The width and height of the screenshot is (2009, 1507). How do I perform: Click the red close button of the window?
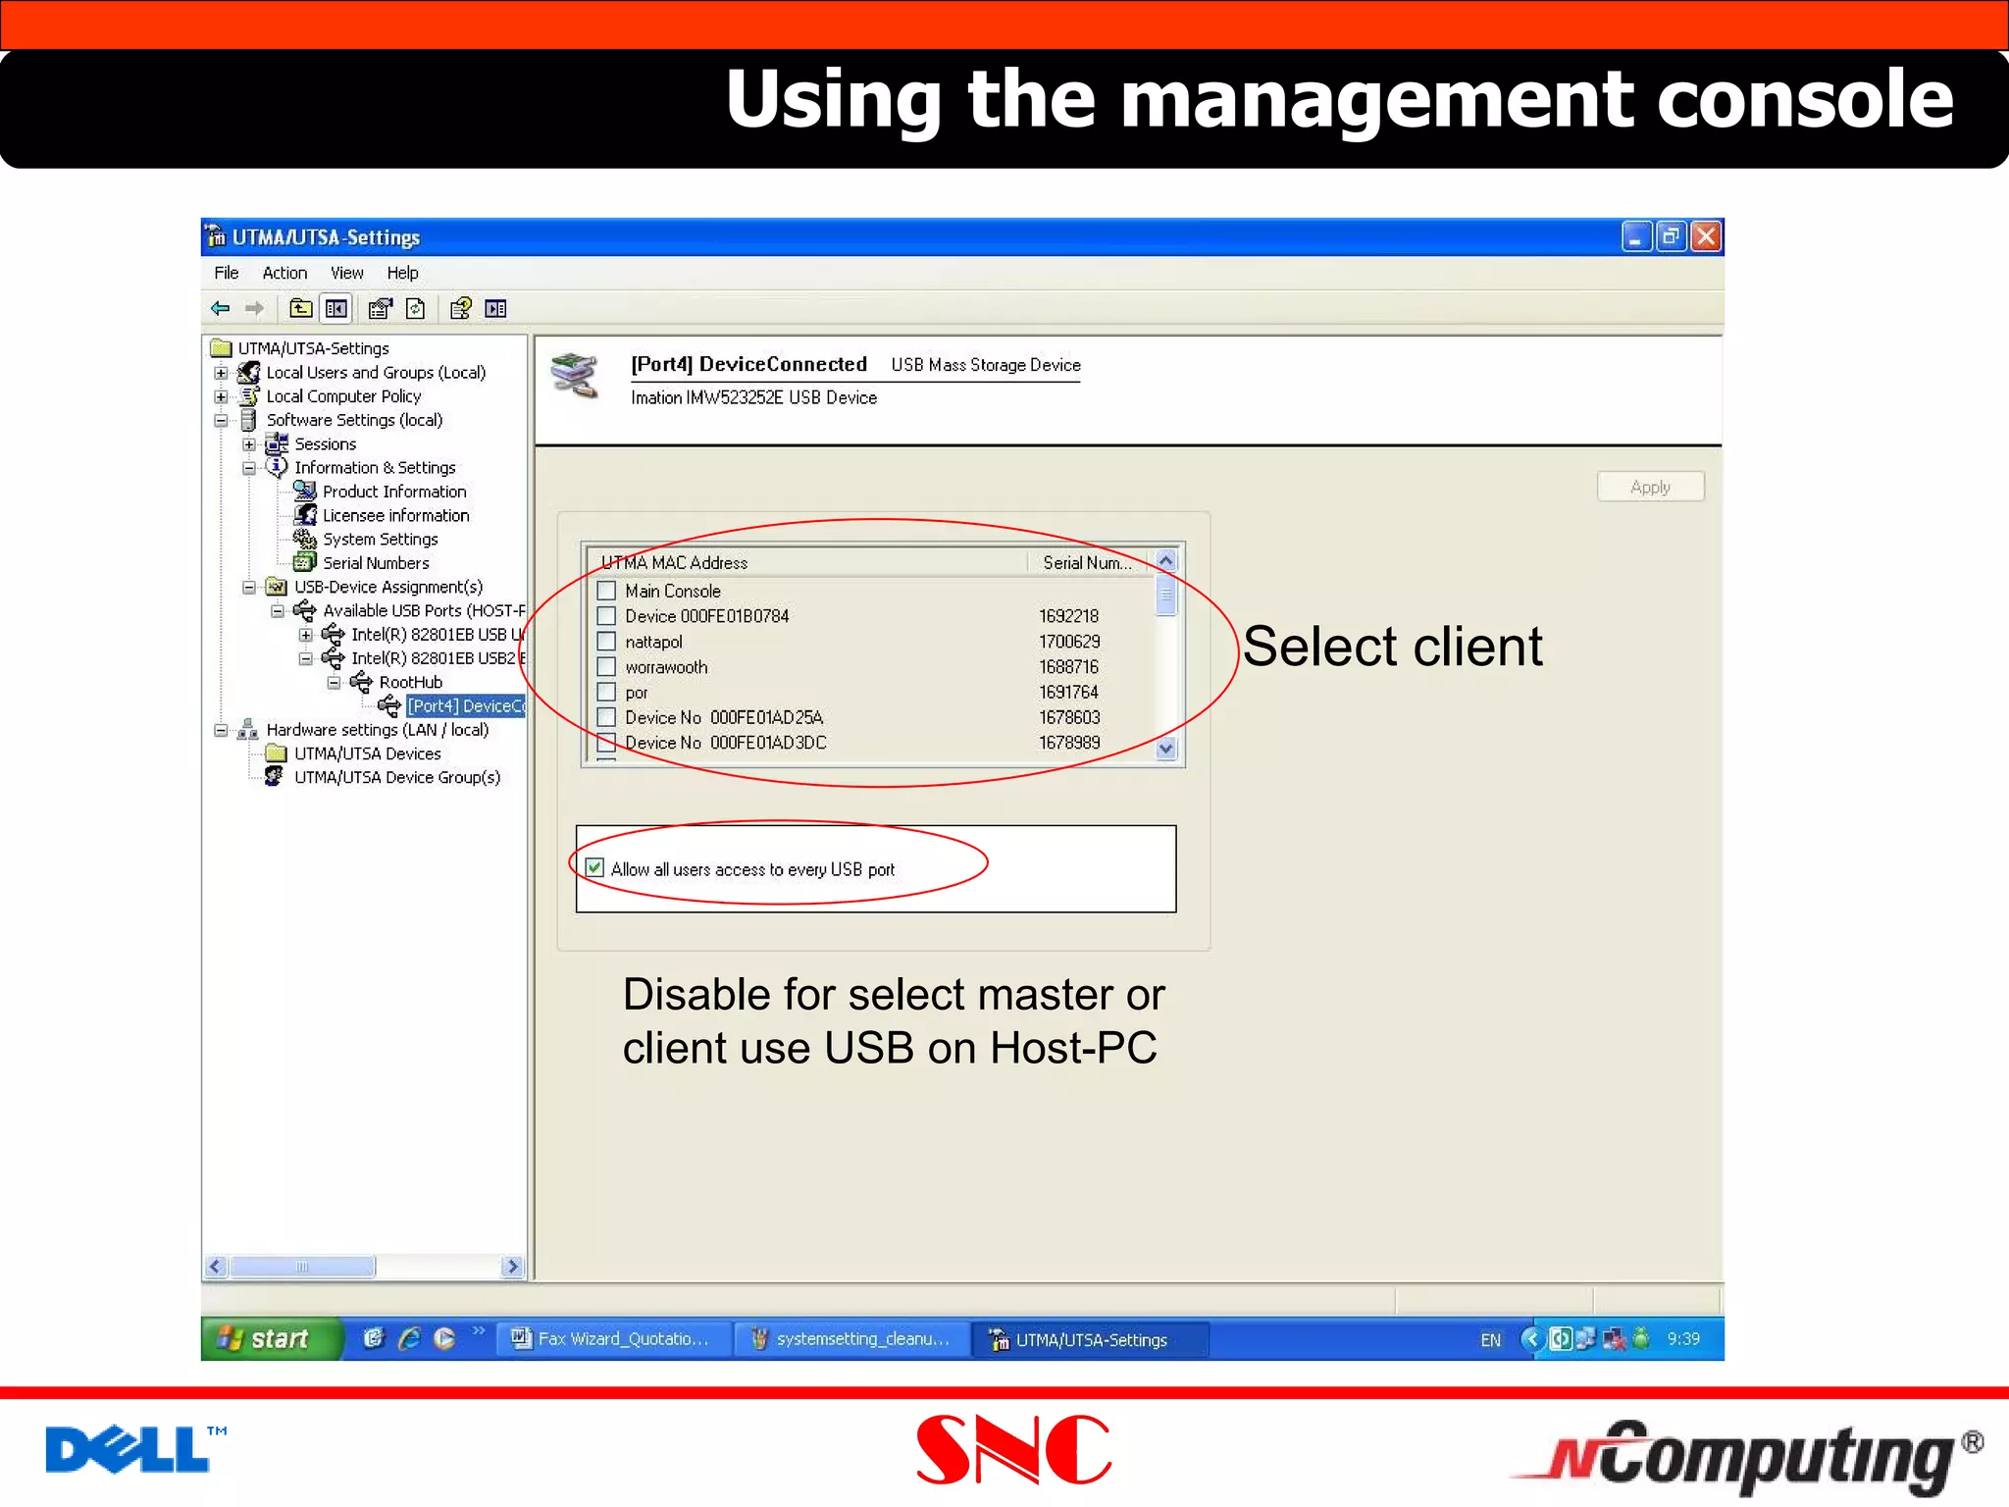click(x=1707, y=236)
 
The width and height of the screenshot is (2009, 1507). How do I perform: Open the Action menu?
click(x=284, y=273)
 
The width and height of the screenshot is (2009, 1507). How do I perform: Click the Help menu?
click(x=402, y=273)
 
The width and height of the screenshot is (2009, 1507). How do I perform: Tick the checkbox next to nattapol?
click(x=607, y=642)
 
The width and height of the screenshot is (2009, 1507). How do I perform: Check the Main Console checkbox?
click(x=607, y=591)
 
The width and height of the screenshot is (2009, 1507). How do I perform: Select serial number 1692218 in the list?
click(x=1068, y=616)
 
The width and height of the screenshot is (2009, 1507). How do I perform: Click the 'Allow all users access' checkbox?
click(x=594, y=868)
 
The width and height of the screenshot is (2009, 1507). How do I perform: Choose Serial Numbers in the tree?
click(x=376, y=563)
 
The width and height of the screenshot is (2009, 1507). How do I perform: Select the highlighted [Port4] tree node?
click(x=465, y=705)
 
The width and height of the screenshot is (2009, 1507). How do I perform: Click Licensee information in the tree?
click(x=395, y=515)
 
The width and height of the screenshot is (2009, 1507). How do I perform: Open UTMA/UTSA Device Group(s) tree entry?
click(x=396, y=777)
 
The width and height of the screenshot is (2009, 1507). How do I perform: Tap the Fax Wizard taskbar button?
click(x=614, y=1339)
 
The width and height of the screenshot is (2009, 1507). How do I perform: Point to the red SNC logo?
click(x=1012, y=1450)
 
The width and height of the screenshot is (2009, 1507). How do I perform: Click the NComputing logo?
click(x=1746, y=1456)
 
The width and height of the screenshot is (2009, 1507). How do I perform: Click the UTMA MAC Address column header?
click(x=675, y=562)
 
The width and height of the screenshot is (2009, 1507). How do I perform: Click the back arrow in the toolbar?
click(x=221, y=309)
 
